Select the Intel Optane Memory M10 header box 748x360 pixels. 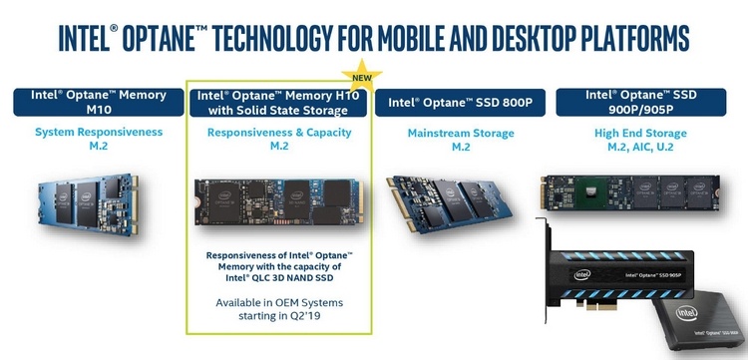92,101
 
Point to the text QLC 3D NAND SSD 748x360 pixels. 279,280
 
